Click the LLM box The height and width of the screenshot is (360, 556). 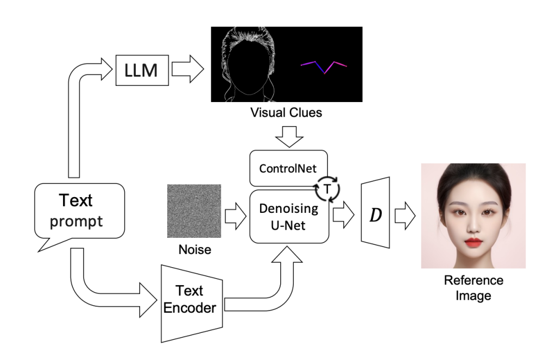click(x=142, y=70)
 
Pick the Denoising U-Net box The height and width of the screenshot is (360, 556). click(x=289, y=217)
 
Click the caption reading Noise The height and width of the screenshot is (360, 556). click(x=194, y=251)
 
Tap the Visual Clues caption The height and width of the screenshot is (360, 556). click(x=286, y=113)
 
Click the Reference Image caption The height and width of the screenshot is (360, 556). click(x=473, y=288)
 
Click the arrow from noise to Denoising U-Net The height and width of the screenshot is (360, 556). click(x=235, y=212)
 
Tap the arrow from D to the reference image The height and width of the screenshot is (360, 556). click(x=405, y=212)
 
